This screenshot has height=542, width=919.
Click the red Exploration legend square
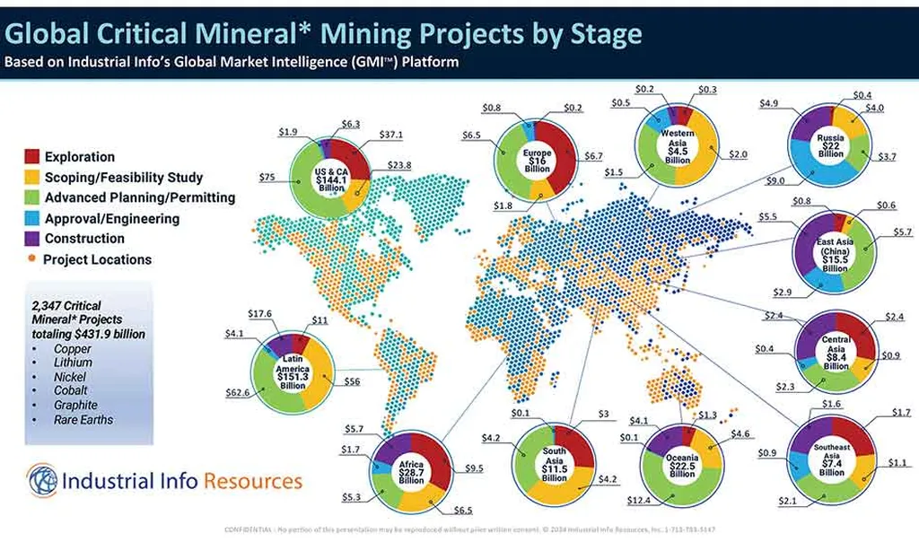click(30, 157)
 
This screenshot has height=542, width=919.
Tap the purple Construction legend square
click(30, 239)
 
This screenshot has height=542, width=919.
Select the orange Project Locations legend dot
click(31, 259)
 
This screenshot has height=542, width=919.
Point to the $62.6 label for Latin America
click(238, 391)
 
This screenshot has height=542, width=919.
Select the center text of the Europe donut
click(538, 160)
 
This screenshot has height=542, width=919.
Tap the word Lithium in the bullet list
click(73, 363)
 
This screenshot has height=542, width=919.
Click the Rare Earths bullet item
click(83, 419)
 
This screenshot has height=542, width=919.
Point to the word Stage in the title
click(600, 34)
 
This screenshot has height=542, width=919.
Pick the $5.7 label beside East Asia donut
click(897, 233)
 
